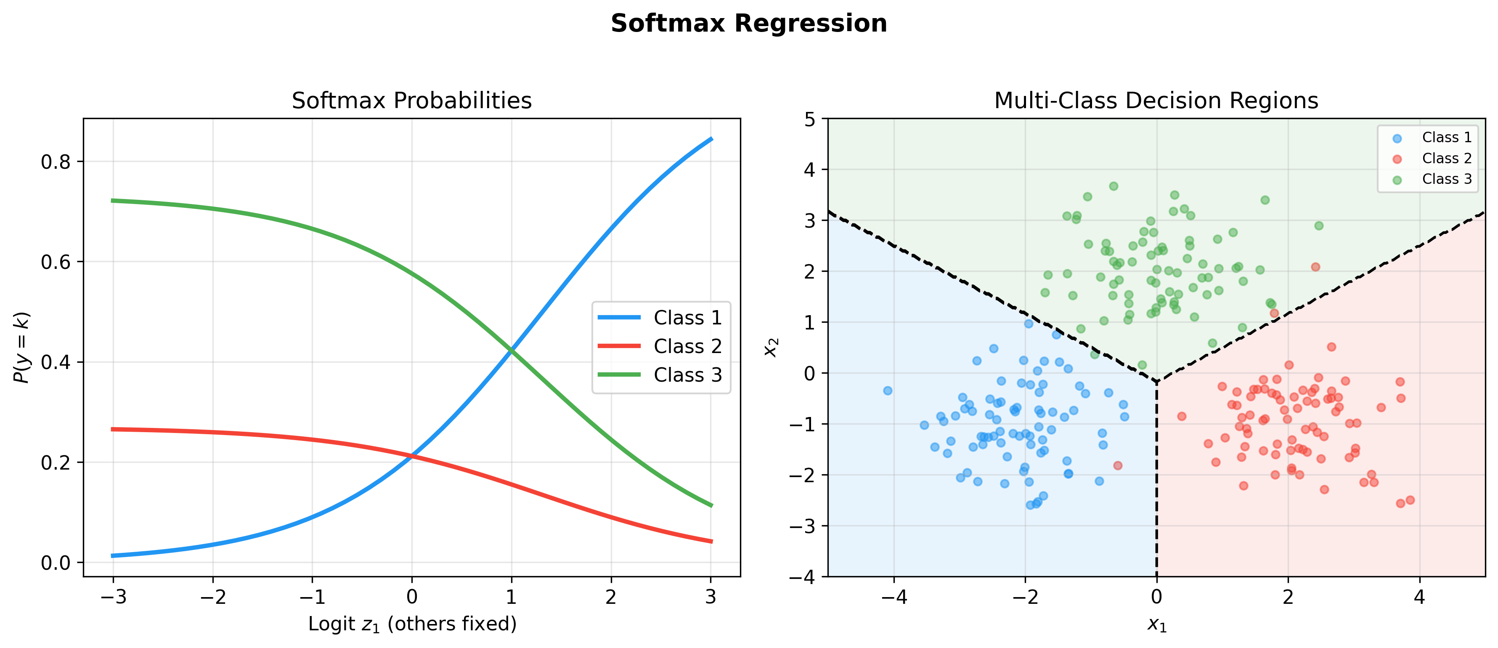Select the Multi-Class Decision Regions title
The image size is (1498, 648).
click(x=1156, y=101)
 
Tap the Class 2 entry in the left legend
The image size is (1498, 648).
click(x=687, y=346)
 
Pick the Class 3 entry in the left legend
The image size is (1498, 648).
click(x=687, y=374)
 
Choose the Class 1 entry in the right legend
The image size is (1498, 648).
click(x=1446, y=137)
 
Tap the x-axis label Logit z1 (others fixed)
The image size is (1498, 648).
click(x=412, y=624)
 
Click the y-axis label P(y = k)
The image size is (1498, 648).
click(x=21, y=347)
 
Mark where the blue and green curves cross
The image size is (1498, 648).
click(x=511, y=350)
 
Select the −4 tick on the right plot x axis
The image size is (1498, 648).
click(x=894, y=597)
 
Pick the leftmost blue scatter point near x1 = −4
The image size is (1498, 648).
click(x=888, y=390)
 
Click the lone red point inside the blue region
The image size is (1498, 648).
click(x=1117, y=465)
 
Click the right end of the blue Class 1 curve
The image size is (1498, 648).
click(x=711, y=139)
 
